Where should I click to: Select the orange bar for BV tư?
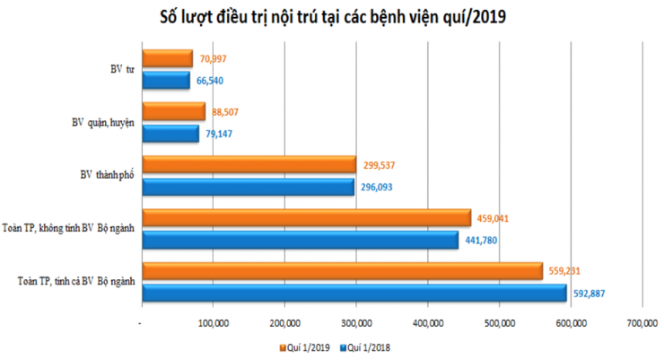167,59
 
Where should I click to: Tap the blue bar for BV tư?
165,80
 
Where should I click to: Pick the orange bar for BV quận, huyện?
173,112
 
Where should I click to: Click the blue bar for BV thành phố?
249,187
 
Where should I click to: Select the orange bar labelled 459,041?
305,218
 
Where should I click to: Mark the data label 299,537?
380,165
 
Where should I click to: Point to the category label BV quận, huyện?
103,123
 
